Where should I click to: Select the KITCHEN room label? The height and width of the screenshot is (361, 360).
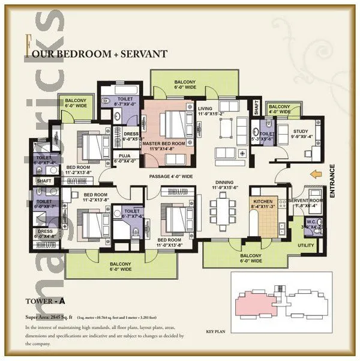(x=263, y=202)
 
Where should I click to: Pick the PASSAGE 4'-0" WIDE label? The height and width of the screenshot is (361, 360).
(x=170, y=177)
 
